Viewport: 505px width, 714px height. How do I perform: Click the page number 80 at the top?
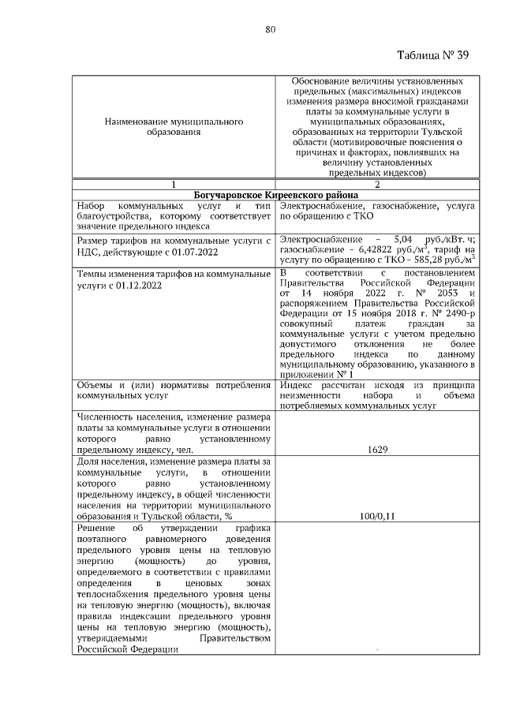(269, 29)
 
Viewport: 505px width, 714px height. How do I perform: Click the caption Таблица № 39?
(431, 54)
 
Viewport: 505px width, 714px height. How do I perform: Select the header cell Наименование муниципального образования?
(174, 128)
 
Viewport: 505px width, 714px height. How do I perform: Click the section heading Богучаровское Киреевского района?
(275, 194)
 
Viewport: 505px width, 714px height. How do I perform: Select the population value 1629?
(376, 449)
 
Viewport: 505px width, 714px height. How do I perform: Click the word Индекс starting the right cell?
(297, 384)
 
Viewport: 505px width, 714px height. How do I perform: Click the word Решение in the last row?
(94, 526)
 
